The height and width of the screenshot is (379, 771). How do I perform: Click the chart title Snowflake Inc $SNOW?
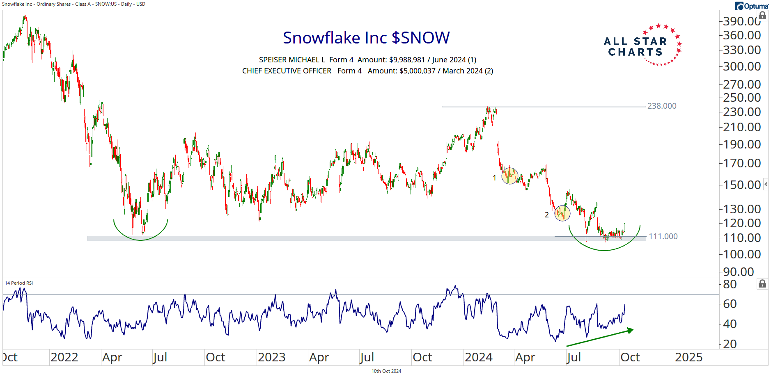tap(366, 38)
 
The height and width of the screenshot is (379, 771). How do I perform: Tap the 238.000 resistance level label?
tap(661, 106)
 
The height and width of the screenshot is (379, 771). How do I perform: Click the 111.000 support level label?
tap(663, 236)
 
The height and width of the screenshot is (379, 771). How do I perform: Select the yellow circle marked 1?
tap(509, 176)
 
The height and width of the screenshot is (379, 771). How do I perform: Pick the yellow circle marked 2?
tap(562, 213)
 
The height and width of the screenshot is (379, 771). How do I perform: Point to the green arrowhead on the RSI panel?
tap(630, 330)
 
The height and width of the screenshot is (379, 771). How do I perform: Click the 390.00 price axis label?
tap(741, 21)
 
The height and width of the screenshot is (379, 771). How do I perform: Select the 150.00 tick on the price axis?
tap(741, 185)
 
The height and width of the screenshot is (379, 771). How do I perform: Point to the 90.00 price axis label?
tap(738, 272)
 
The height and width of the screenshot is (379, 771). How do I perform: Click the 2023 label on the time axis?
tap(271, 357)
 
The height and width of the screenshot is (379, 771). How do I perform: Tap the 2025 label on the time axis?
tap(688, 357)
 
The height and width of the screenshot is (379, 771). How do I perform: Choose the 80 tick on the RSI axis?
tap(730, 284)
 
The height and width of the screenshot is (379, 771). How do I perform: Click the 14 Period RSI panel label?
tap(19, 283)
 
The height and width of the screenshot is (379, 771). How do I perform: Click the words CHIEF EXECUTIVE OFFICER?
tap(287, 71)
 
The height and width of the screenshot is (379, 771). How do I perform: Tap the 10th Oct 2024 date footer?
tap(386, 371)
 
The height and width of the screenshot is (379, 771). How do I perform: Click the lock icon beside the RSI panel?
tap(762, 284)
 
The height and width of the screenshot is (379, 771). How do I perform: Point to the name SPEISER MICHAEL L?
tap(292, 60)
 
